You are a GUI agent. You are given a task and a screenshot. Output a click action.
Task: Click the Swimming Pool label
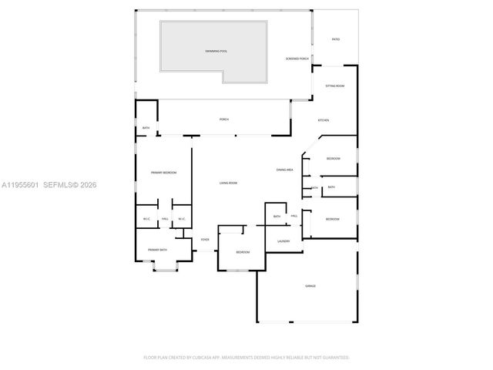[216, 51]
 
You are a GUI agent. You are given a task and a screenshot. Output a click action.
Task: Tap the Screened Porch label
[297, 59]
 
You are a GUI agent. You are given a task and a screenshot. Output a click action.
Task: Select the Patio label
[335, 39]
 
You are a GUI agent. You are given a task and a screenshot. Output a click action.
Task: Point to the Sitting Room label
[334, 86]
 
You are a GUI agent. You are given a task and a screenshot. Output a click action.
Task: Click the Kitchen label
[324, 120]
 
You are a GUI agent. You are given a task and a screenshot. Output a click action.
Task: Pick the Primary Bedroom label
[163, 173]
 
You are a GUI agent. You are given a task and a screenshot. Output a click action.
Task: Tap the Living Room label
[228, 183]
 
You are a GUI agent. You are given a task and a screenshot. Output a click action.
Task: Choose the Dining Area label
[285, 170]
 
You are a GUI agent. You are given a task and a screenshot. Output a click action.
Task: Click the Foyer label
[205, 240]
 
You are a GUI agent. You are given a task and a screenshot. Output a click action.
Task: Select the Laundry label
[283, 241]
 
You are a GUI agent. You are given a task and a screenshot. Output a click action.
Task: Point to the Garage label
[310, 286]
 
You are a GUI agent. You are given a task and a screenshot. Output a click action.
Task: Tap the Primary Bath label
[158, 250]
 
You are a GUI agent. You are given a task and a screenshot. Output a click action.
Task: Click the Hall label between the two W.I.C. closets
[165, 220]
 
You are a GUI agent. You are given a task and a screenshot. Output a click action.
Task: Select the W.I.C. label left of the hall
[146, 220]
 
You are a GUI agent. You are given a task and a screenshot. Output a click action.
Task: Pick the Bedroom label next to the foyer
[243, 252]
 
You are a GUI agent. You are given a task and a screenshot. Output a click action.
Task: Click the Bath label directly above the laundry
[277, 217]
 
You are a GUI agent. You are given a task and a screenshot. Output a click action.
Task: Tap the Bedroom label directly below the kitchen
[333, 158]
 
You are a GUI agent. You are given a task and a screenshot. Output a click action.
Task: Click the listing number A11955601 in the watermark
[20, 184]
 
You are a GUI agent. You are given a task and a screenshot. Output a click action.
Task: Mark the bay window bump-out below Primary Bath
[164, 267]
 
